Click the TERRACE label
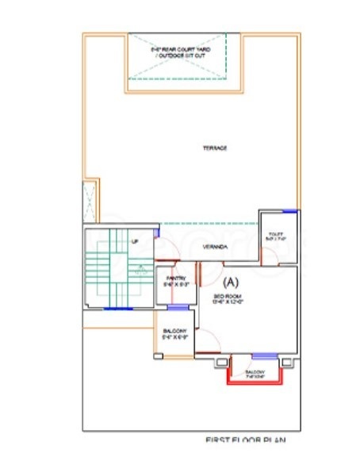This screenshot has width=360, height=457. (215, 148)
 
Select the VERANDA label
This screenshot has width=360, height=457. (215, 248)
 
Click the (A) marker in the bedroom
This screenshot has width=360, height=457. (232, 281)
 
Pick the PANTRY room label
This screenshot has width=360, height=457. (174, 278)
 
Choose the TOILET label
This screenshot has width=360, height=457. (277, 234)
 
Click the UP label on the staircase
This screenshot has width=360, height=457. (135, 241)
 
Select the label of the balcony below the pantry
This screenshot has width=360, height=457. (175, 331)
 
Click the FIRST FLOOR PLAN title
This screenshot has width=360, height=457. (245, 441)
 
